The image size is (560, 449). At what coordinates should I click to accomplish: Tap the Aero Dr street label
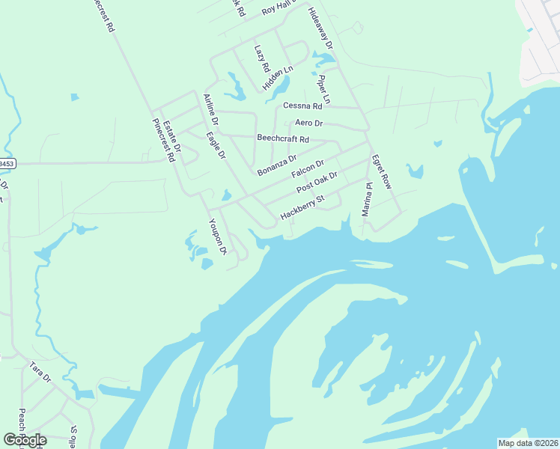click(308, 123)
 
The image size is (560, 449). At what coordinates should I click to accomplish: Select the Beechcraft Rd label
click(282, 138)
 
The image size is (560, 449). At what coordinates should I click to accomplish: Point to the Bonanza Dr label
click(277, 165)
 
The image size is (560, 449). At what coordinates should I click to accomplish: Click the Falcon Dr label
click(307, 169)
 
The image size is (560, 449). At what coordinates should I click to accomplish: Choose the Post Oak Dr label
click(317, 182)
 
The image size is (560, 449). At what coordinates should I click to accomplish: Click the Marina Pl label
click(366, 200)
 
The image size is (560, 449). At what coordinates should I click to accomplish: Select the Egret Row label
click(381, 172)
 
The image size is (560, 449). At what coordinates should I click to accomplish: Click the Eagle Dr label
click(216, 146)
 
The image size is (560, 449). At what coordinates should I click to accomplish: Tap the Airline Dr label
click(210, 109)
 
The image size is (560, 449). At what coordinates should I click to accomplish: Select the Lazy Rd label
click(261, 58)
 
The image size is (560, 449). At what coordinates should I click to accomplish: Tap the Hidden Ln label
click(278, 79)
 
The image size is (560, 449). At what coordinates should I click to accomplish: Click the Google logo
click(25, 440)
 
